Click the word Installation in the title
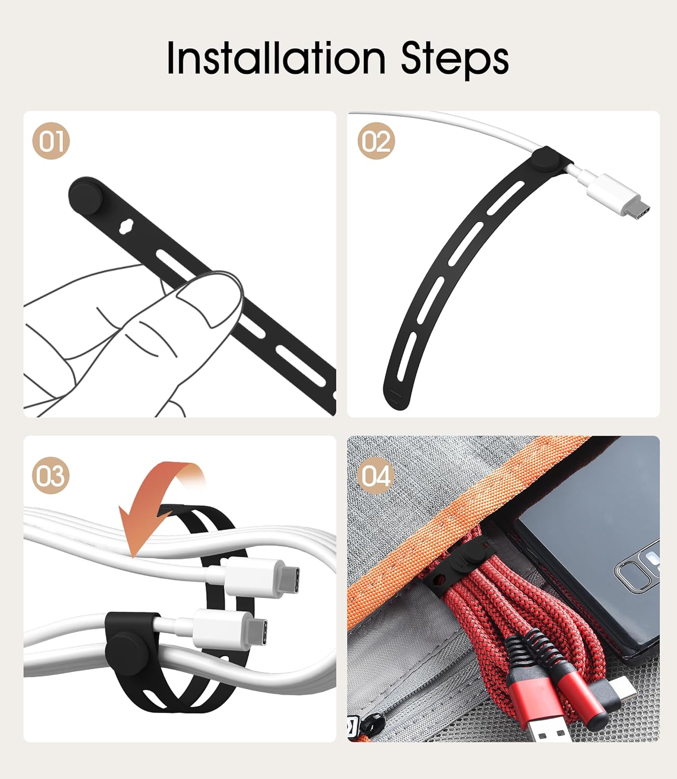(276, 58)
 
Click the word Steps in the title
(455, 60)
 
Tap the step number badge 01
(51, 141)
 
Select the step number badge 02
(376, 141)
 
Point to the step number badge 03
(51, 476)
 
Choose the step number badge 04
(376, 476)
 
